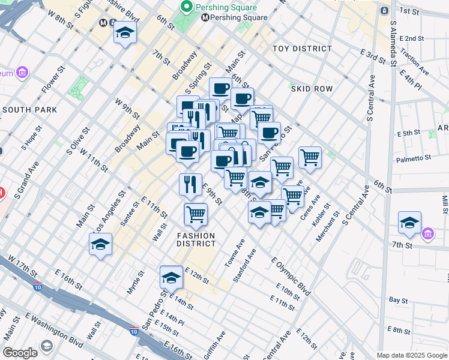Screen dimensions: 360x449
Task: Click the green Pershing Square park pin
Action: click(x=187, y=7)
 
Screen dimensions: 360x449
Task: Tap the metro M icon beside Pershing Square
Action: click(x=205, y=17)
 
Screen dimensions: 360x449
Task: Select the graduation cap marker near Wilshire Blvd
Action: click(x=125, y=34)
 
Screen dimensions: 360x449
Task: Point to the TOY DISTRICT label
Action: click(x=302, y=49)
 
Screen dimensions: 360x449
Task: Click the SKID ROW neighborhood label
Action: click(x=312, y=89)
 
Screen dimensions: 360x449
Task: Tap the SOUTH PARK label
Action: click(x=29, y=110)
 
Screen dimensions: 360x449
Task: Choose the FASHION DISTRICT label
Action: click(x=196, y=239)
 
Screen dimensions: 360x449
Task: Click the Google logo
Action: click(x=20, y=353)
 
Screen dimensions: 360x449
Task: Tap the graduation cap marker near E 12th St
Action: click(x=171, y=277)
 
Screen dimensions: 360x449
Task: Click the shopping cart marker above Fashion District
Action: click(x=195, y=214)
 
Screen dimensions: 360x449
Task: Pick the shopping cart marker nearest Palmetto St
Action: click(x=310, y=157)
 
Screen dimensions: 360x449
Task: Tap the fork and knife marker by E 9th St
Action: click(x=190, y=184)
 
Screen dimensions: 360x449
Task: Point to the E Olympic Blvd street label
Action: click(x=291, y=277)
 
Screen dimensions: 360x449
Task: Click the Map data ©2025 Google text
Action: click(x=412, y=355)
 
